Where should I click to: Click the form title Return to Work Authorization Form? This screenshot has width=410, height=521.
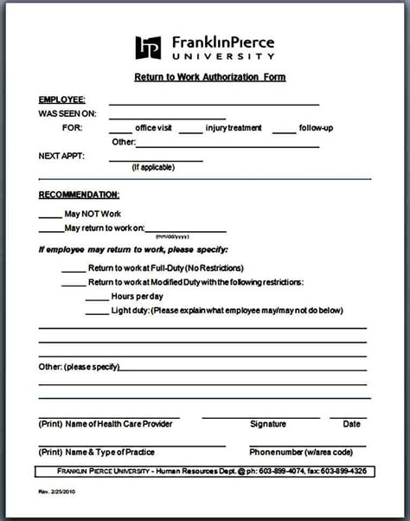click(209, 77)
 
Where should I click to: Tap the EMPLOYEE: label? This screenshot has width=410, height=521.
click(61, 100)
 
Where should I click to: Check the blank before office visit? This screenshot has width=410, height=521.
click(120, 132)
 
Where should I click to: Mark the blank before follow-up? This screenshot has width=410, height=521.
click(284, 132)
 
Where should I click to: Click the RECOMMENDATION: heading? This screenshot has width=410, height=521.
click(79, 195)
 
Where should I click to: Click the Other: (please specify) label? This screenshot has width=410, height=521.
click(78, 367)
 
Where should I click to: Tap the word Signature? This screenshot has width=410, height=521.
click(267, 424)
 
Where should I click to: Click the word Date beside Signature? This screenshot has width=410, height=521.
click(351, 424)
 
